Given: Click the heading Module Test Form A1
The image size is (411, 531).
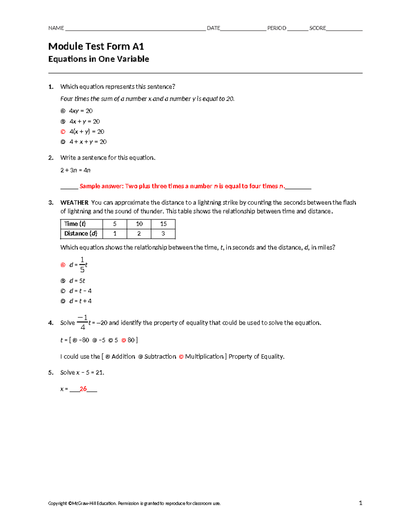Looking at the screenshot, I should point(96,46).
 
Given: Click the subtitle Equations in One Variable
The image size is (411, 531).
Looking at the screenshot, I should point(99,59).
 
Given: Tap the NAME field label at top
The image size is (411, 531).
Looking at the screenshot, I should point(56,28).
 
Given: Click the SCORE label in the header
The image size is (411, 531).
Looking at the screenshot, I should point(317,28).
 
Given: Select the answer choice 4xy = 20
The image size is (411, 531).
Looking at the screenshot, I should point(80,111).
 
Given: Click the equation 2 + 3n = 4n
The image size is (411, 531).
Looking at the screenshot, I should point(75,170).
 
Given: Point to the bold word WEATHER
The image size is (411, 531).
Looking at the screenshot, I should point(74,202).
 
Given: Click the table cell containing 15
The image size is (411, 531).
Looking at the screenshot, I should point(163,224).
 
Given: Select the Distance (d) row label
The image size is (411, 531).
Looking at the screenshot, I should point(81,234).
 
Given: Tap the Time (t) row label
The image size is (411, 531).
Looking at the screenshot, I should point(75,224).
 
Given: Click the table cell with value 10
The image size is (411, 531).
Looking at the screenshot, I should point(139,224).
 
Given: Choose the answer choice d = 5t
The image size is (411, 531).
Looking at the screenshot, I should point(77,281).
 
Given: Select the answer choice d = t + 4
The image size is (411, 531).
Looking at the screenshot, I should point(80,301).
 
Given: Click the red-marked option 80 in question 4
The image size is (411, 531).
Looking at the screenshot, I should point(131,340).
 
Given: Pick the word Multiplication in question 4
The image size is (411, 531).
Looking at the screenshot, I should point(204,357).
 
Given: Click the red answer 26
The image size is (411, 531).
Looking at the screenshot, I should point(83,389).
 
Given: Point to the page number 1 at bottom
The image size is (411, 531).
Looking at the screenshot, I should point(360,503).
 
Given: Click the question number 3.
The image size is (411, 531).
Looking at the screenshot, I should point(51,202).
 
